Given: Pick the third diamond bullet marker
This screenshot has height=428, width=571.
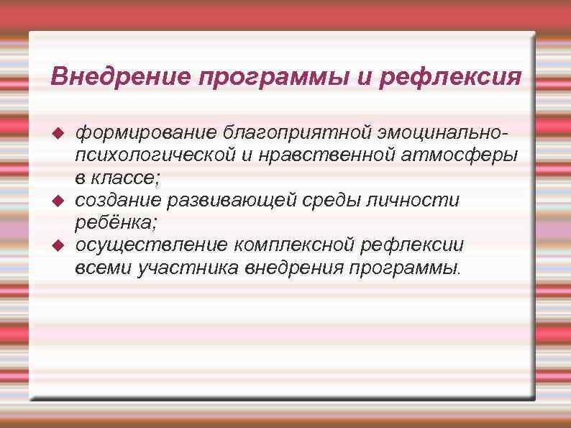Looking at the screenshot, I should (60, 245).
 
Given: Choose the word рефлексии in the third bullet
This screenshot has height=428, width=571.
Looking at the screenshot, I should (410, 245).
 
